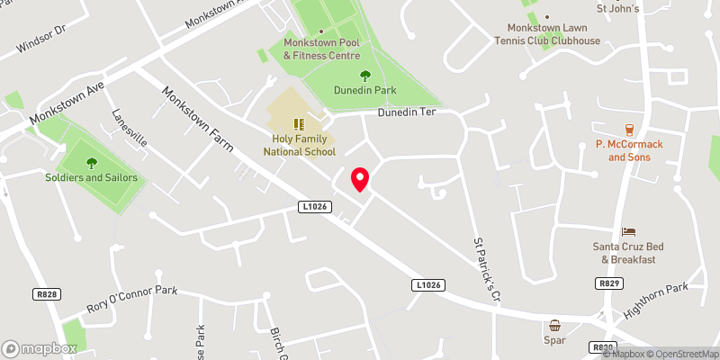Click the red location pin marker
360,179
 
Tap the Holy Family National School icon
299,124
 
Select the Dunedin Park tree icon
365,76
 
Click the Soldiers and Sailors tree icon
91,163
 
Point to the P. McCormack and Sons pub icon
629,130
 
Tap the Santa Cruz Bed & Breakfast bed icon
628,232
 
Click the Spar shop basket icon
555,325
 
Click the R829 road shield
607,283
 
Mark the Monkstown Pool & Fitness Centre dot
321,31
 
